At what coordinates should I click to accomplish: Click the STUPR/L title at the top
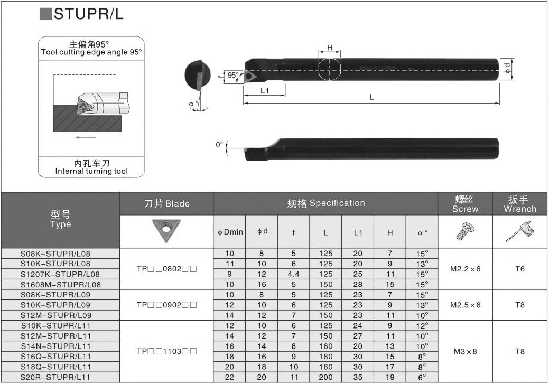click(x=89, y=14)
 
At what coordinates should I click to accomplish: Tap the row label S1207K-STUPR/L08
click(x=60, y=274)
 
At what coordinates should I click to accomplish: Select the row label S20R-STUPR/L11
click(x=55, y=377)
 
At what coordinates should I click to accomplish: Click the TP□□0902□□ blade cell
click(x=166, y=305)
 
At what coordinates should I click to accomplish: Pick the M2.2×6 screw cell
click(x=466, y=269)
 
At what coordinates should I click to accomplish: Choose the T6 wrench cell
click(x=520, y=269)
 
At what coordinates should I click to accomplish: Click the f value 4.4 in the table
click(x=293, y=274)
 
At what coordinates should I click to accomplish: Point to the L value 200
click(x=325, y=377)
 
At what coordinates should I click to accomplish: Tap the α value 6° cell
click(x=422, y=377)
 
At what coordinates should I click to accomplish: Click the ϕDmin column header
click(x=230, y=232)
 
